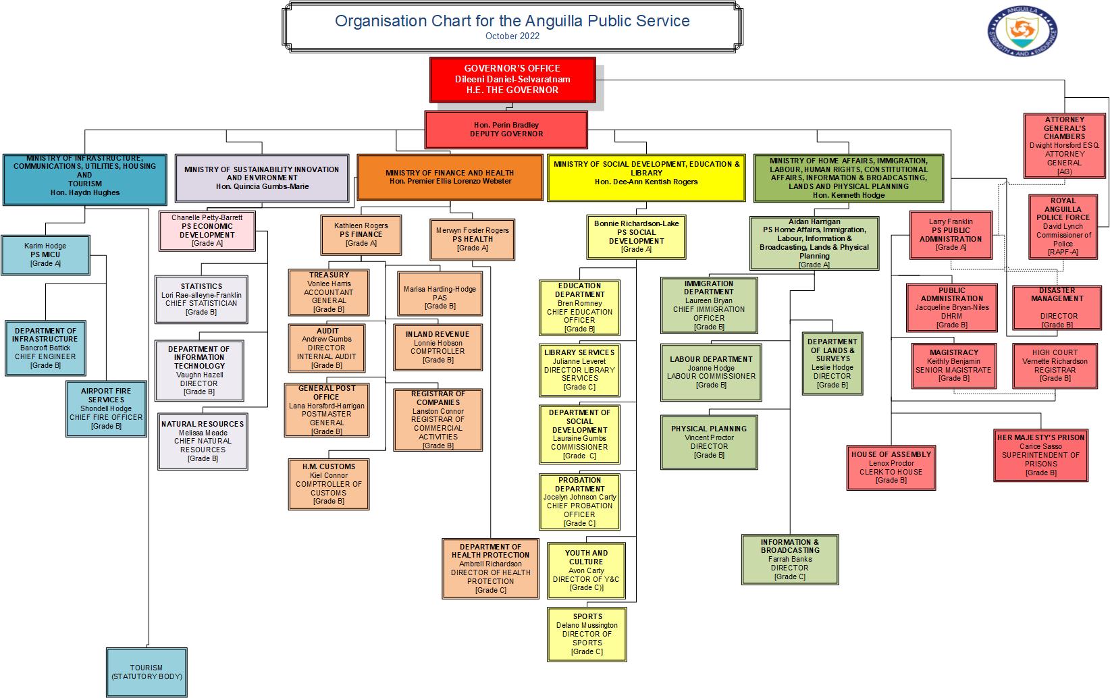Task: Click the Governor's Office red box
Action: pos(512,80)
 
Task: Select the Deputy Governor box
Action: pos(506,130)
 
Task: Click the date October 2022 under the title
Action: pos(512,36)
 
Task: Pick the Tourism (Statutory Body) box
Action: pos(147,672)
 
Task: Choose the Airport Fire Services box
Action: pos(106,408)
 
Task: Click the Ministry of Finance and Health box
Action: pos(450,178)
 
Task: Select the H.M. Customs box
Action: pos(328,484)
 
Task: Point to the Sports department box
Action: pos(587,634)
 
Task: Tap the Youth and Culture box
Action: pos(586,570)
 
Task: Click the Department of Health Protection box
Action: pos(490,568)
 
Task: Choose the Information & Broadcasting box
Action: pos(789,559)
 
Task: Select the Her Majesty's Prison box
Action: pos(1040,455)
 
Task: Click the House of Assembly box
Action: pos(891,467)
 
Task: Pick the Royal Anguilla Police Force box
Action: pos(1063,227)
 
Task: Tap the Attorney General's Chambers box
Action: pos(1064,146)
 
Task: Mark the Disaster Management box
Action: pos(1057,307)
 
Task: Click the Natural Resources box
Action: pos(203,441)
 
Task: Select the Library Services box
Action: pos(579,370)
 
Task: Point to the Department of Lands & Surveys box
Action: pos(832,363)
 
